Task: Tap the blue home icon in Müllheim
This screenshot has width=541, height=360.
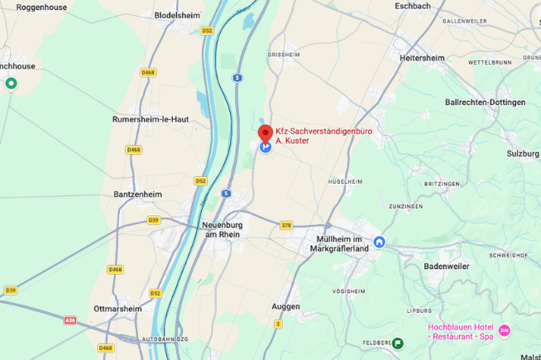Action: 380,242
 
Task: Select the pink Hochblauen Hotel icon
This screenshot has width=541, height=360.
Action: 505,331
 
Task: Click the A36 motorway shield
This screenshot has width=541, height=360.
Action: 70,319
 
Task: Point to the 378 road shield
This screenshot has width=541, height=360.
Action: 286,225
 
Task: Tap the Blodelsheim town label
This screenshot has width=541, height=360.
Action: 178,15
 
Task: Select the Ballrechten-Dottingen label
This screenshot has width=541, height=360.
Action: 485,103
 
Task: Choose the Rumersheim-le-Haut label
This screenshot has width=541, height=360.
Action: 151,119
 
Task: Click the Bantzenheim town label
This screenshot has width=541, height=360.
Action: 137,194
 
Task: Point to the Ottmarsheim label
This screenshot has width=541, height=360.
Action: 117,309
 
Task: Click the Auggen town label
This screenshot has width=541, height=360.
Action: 285,306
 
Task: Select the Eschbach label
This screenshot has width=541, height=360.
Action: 413,6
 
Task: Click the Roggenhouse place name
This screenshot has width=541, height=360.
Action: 41,7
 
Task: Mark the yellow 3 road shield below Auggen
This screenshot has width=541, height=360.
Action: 278,324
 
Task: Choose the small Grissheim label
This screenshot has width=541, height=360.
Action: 282,55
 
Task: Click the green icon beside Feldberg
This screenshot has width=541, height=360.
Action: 398,343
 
